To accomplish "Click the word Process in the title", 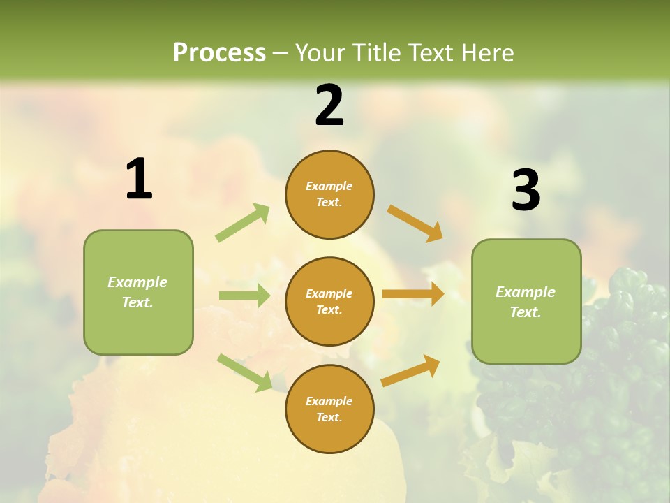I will tap(219, 53).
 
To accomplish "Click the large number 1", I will tap(139, 180).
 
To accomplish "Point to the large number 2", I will tap(329, 105).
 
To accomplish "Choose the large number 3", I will tap(526, 190).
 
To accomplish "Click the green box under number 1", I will tap(138, 292).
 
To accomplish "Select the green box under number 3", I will tap(526, 301).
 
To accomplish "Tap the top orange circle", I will tap(329, 194).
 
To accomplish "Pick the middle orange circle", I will tap(329, 301).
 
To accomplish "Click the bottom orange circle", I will tap(329, 409).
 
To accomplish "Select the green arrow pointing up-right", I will tap(243, 222).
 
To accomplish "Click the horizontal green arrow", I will tap(244, 296).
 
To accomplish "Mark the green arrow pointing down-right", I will tap(245, 372).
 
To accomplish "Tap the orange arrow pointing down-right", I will tap(415, 224).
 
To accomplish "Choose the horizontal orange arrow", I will tap(413, 294).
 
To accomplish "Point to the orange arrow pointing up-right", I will tap(410, 370).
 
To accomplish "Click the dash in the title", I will tap(281, 53).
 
